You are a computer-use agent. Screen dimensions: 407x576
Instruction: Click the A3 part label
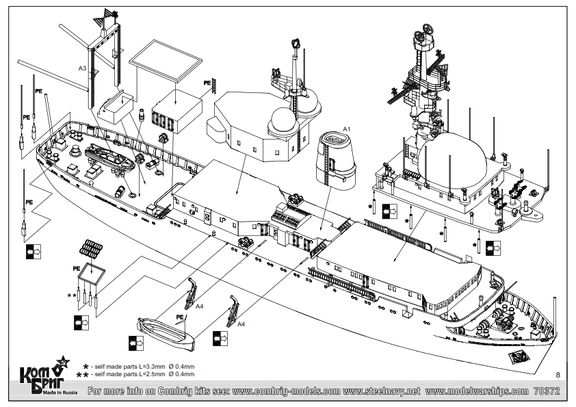[81, 68]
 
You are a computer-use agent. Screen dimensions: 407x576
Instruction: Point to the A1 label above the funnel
[346, 129]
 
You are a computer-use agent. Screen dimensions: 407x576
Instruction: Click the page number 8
[559, 374]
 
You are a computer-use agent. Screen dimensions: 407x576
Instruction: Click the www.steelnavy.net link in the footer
[382, 392]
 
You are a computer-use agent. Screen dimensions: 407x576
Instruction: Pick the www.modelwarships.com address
[476, 392]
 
